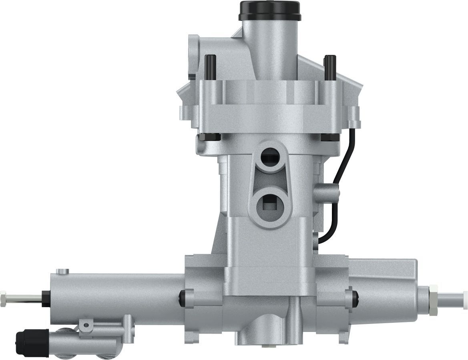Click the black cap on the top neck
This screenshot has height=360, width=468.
[x=269, y=10]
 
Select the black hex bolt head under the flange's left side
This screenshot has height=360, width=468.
[x=209, y=137]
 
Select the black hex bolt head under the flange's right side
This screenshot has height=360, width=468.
[x=331, y=137]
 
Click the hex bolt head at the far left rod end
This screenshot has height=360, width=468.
[x=4, y=298]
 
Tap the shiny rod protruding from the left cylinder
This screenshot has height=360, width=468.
[x=24, y=298]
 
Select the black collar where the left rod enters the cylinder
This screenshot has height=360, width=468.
[x=46, y=299]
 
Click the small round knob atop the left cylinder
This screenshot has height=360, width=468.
[x=62, y=272]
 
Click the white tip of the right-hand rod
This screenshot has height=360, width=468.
[x=464, y=299]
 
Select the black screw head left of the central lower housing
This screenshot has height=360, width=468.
[x=183, y=297]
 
